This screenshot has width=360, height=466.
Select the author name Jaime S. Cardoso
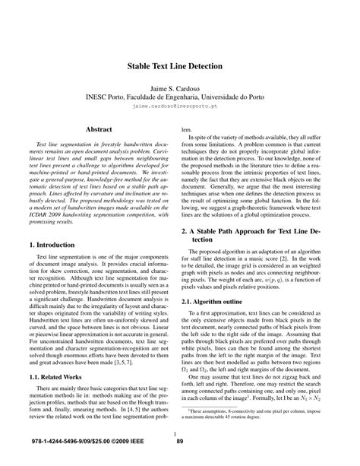[x=180, y=89]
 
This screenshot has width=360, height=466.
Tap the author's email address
[x=180, y=109]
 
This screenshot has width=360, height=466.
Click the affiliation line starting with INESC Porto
[x=180, y=99]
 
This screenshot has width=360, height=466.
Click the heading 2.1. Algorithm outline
[x=222, y=300]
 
